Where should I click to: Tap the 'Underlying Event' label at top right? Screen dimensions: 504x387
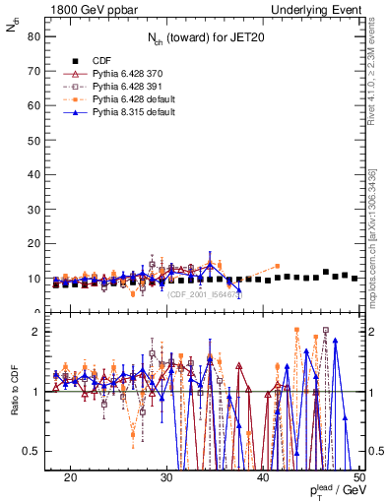click(320, 8)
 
